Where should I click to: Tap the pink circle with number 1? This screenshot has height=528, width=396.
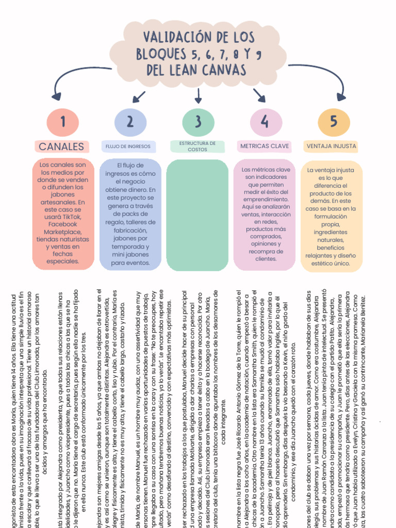click(63, 122)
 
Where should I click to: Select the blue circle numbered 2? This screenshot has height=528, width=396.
click(130, 122)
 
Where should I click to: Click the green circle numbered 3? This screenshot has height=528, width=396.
click(198, 122)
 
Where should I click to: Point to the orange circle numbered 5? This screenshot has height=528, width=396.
click(333, 122)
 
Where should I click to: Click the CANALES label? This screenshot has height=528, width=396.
click(61, 146)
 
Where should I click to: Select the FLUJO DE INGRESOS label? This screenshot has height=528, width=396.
click(129, 146)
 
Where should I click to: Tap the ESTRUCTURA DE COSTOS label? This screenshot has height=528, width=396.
click(197, 146)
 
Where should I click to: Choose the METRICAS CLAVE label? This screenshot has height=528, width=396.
click(265, 146)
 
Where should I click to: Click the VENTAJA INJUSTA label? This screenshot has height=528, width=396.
click(331, 146)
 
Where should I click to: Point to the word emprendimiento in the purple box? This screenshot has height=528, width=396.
click(266, 199)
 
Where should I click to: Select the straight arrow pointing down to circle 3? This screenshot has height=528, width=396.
click(199, 95)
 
